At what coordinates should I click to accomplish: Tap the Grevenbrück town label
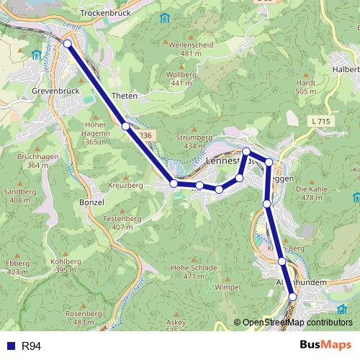click(x=55, y=91)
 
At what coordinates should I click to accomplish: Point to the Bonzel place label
click(x=91, y=203)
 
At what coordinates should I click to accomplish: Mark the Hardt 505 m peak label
click(x=306, y=87)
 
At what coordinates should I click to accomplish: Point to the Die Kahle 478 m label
click(x=312, y=192)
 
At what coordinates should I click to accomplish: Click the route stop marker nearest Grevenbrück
click(x=68, y=44)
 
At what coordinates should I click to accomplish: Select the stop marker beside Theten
click(x=126, y=126)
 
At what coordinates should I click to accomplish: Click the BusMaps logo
click(x=325, y=345)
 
